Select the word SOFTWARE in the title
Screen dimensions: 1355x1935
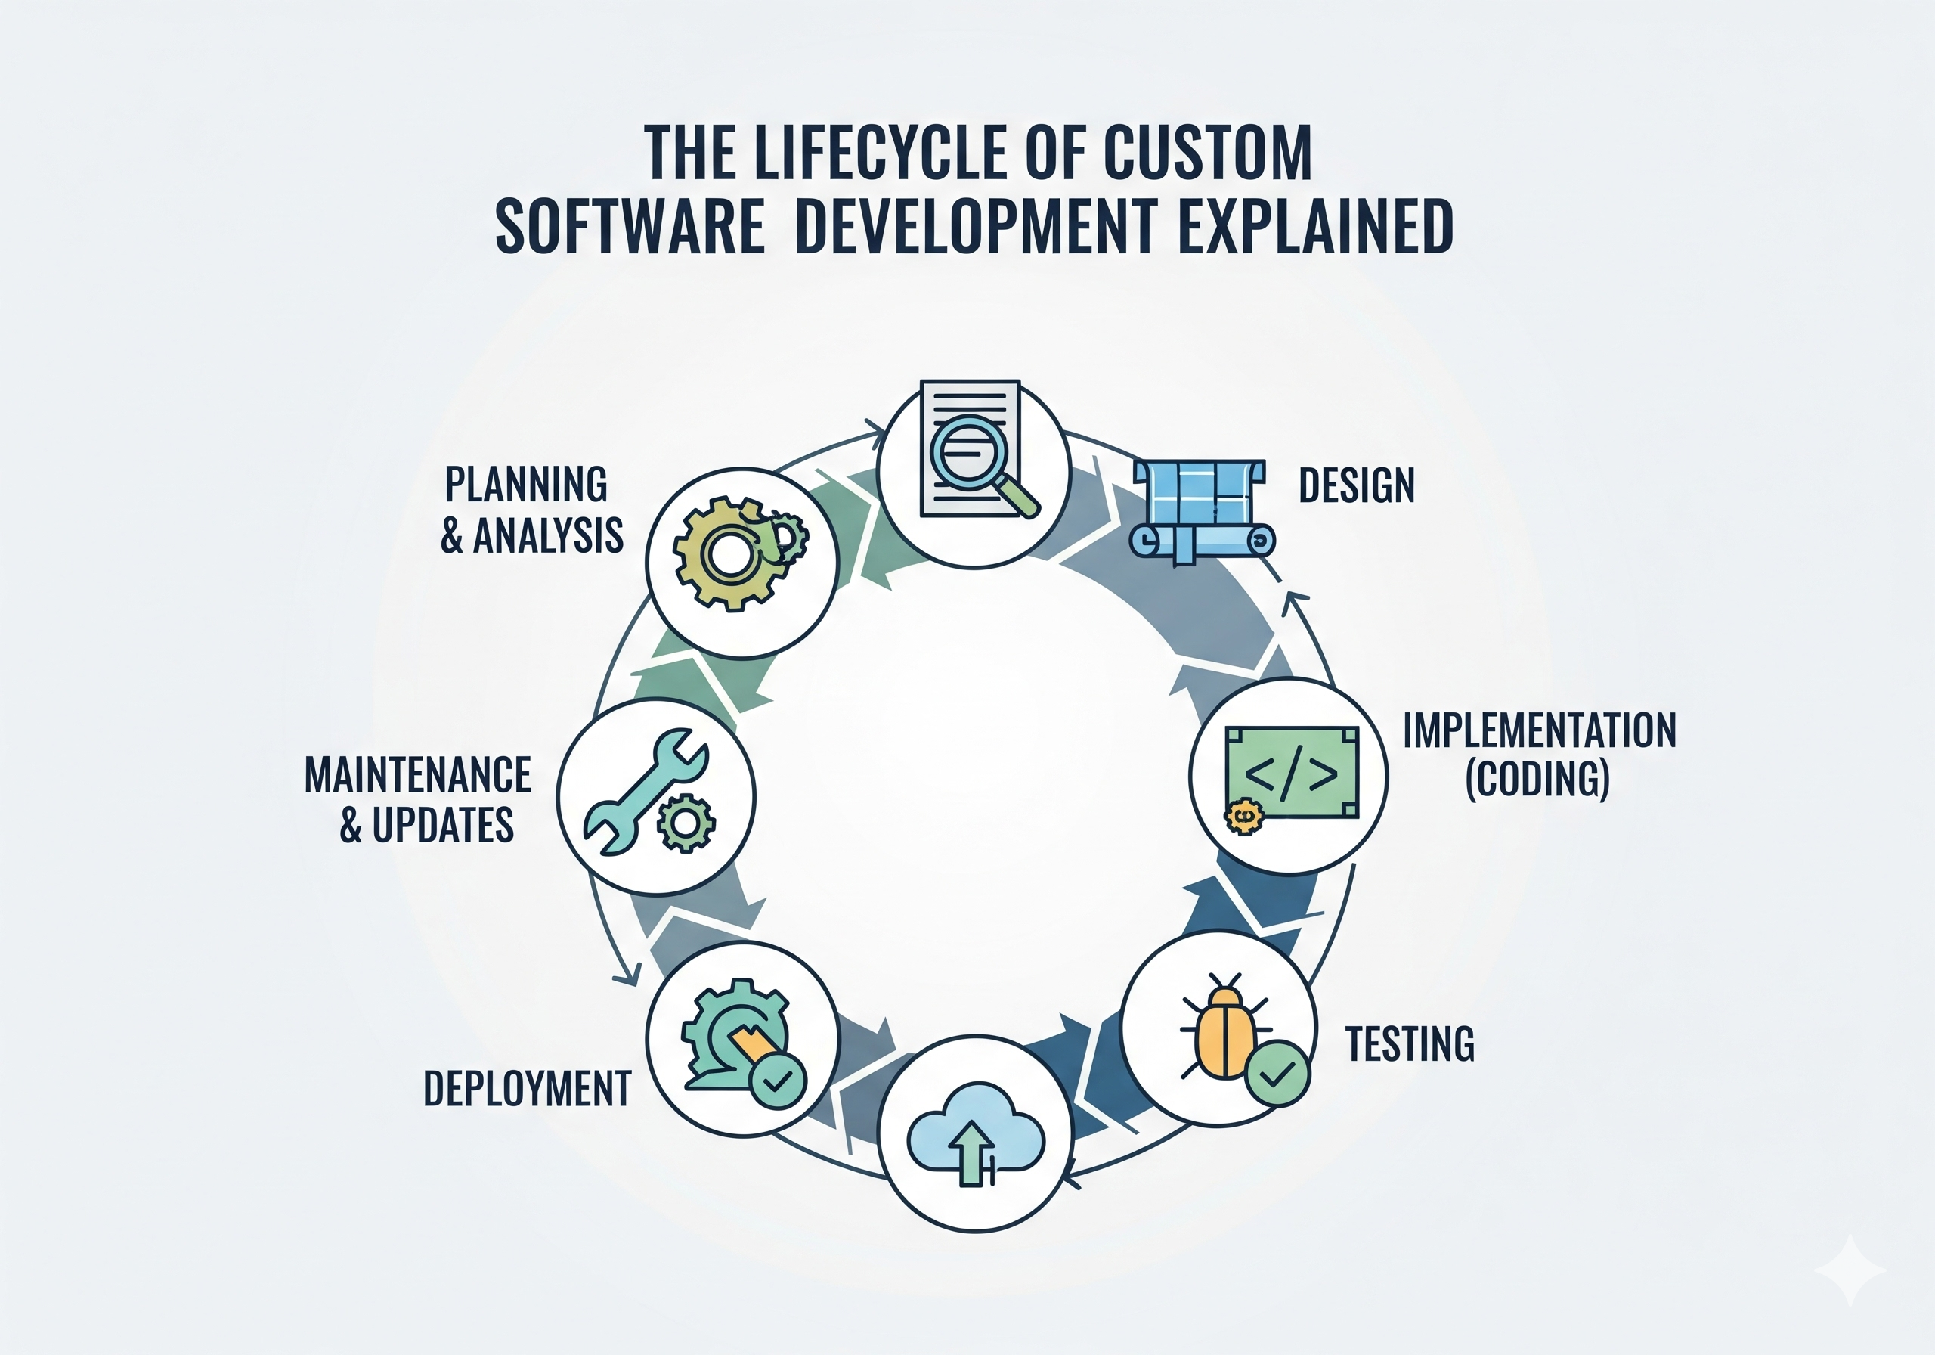pos(630,226)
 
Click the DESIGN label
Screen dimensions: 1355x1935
pos(1356,485)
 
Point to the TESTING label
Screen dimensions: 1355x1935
pos(1409,1044)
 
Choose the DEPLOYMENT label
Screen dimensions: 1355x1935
pos(527,1089)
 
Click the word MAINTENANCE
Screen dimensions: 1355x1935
pos(418,775)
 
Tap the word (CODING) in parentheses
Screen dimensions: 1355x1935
pos(1538,779)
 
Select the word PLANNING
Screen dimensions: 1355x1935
pos(526,485)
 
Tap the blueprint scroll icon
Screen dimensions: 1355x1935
pos(1201,510)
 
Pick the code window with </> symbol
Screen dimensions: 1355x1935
pos(1291,772)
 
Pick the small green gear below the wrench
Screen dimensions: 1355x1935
pos(686,822)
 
